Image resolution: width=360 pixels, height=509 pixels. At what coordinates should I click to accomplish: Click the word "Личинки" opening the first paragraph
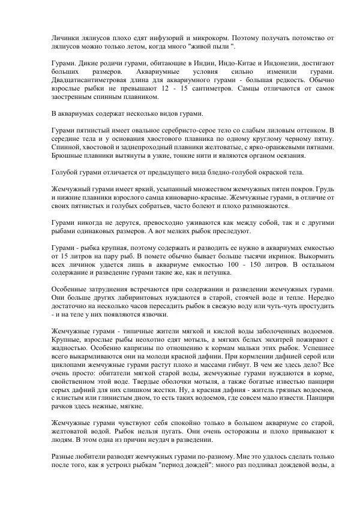point(65,37)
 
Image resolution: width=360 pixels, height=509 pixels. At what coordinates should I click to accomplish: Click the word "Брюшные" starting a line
point(67,155)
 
